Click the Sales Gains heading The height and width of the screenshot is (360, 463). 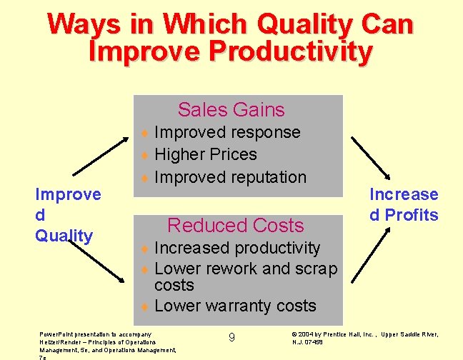(231, 110)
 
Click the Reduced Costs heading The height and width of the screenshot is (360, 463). (235, 226)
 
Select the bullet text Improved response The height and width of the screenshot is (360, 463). (227, 133)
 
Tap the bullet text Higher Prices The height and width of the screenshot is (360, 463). (205, 154)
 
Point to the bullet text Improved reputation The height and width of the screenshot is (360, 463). (230, 177)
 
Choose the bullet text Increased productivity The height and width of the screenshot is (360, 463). (237, 248)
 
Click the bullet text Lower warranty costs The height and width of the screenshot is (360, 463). (235, 306)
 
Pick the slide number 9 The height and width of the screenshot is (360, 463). (231, 337)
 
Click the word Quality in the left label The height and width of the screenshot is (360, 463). (64, 236)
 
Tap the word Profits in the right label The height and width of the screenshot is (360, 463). (411, 215)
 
